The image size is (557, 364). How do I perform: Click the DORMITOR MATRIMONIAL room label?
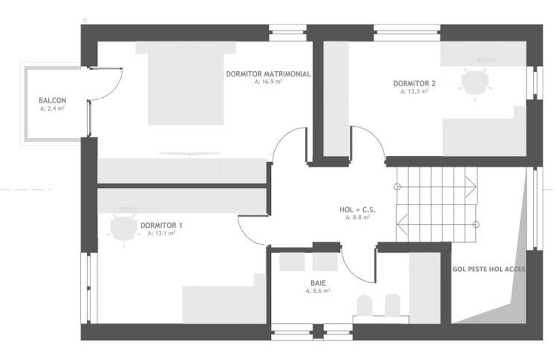click(x=268, y=74)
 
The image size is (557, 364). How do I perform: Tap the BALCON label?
click(x=52, y=101)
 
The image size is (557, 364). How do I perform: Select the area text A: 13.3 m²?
click(x=414, y=91)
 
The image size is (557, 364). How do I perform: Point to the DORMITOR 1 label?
click(x=162, y=225)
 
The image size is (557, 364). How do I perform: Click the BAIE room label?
click(x=318, y=283)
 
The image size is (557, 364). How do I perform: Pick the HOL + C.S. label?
click(x=357, y=210)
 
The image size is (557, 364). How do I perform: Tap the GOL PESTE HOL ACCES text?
click(x=489, y=269)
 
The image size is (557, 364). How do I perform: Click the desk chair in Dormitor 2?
click(x=475, y=84)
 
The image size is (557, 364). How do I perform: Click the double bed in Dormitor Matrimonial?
click(x=186, y=83)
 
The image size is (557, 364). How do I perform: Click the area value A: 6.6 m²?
click(x=318, y=290)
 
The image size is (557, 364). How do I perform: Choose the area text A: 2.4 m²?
click(x=52, y=108)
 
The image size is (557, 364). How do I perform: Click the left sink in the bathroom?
click(x=292, y=262)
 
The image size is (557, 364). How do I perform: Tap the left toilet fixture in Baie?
click(x=365, y=305)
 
